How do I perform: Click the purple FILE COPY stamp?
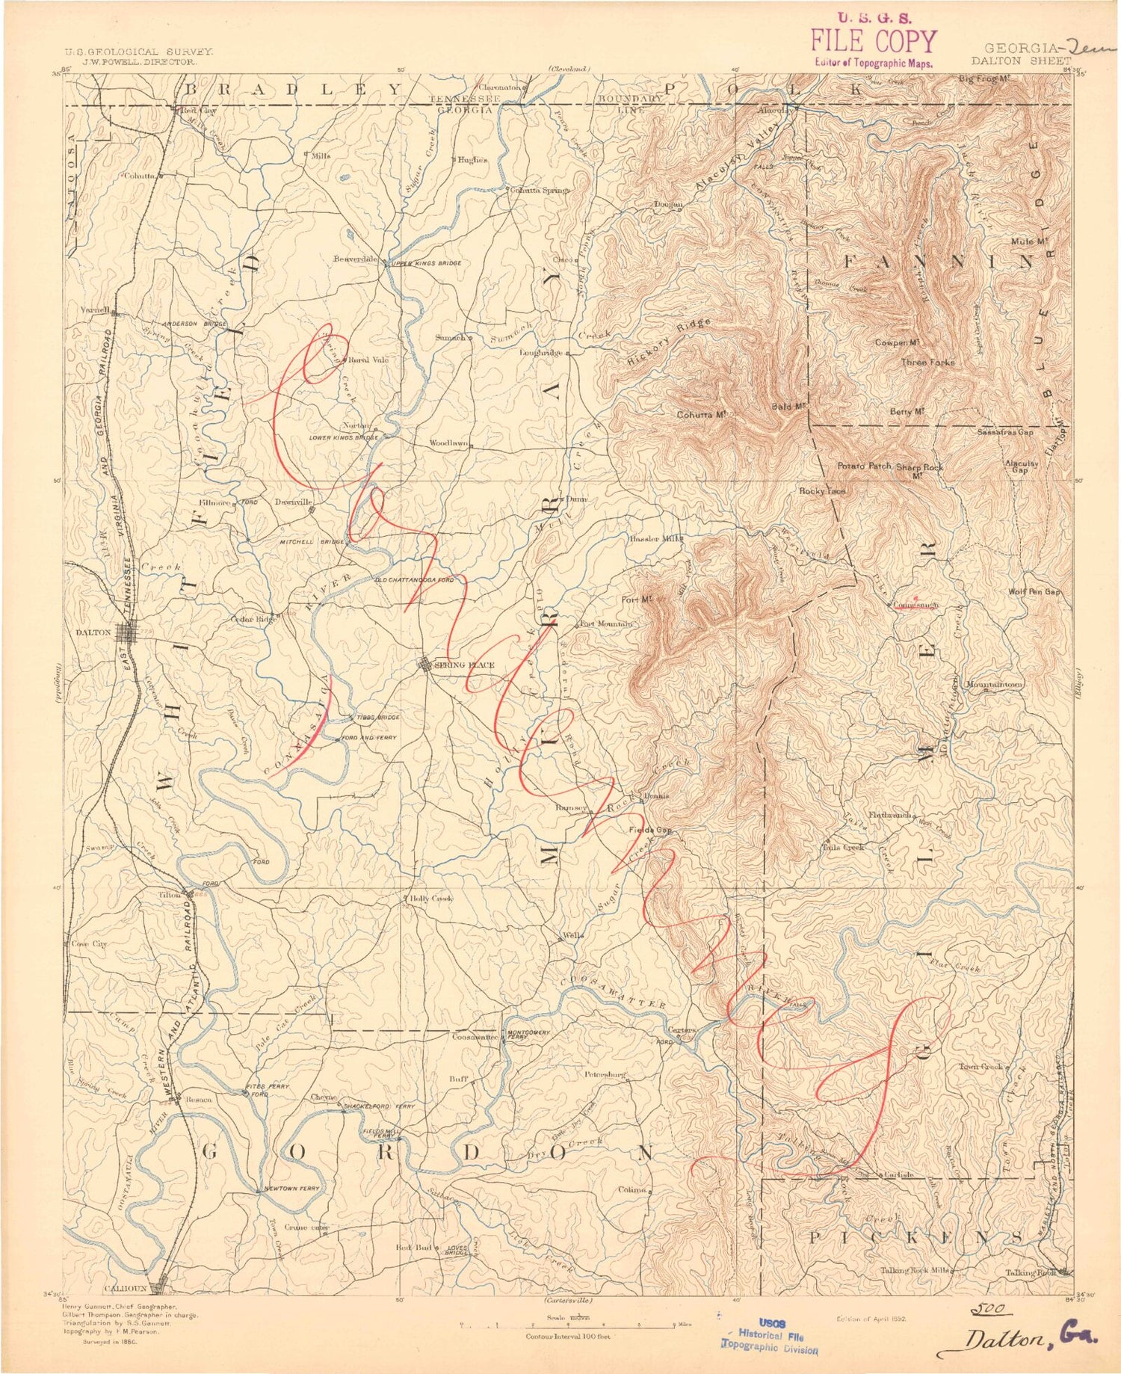coord(873,42)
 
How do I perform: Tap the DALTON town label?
coord(93,632)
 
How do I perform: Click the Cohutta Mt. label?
coord(701,415)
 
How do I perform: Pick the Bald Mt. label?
coord(787,407)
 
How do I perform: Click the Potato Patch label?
coord(864,466)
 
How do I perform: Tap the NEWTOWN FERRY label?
coord(291,1189)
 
